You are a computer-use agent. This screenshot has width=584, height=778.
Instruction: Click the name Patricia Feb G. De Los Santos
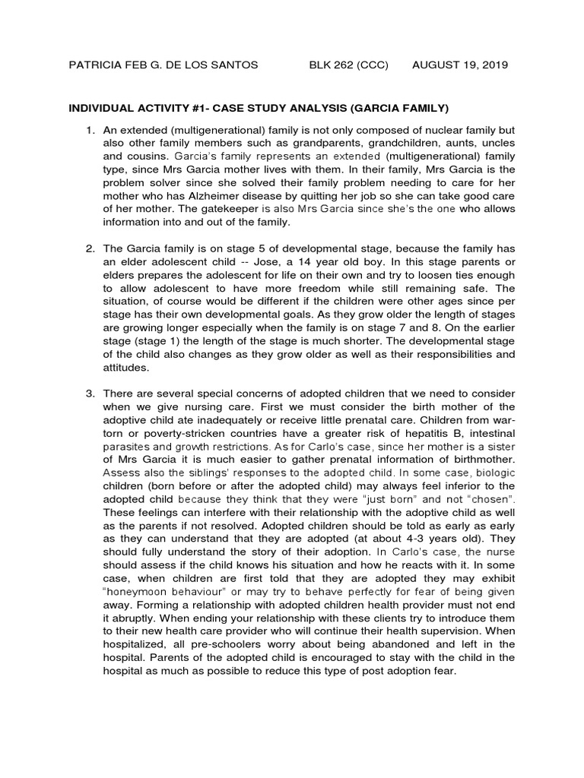click(x=163, y=65)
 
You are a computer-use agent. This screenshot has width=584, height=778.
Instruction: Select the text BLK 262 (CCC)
click(x=348, y=65)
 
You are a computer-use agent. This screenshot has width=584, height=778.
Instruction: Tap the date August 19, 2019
click(x=460, y=65)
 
